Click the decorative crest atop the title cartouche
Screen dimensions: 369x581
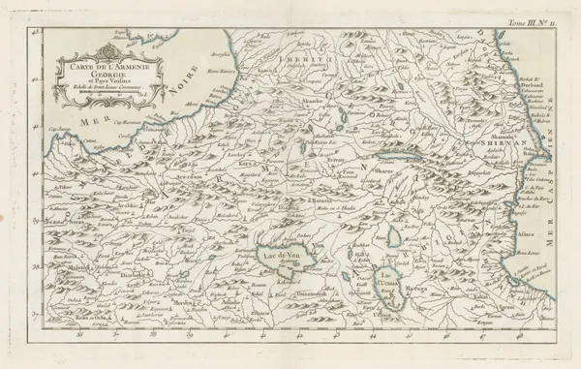(x=106, y=49)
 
